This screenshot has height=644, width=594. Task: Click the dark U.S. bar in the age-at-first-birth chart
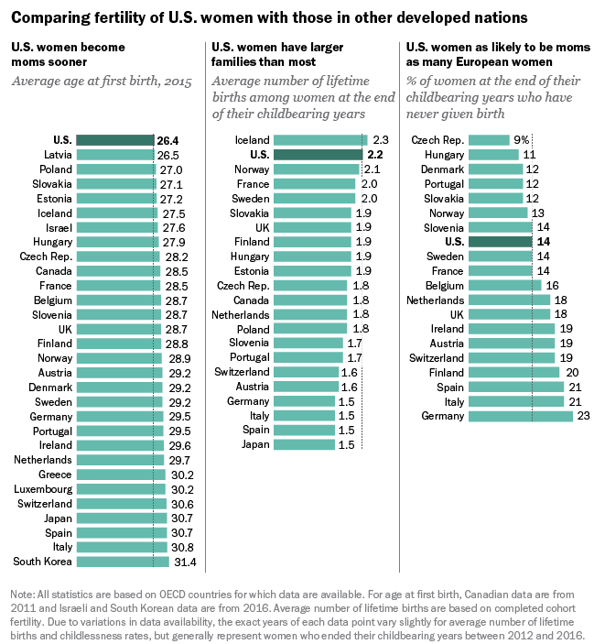(114, 139)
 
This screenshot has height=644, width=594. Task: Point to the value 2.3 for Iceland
(381, 139)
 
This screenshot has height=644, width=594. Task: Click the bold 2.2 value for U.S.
(374, 155)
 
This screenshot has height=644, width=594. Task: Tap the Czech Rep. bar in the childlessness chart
(488, 139)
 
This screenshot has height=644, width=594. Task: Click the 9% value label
(522, 139)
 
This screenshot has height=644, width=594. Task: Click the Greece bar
(120, 475)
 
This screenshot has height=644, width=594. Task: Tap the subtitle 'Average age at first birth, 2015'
(101, 82)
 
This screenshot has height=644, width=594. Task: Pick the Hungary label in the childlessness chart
(442, 155)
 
